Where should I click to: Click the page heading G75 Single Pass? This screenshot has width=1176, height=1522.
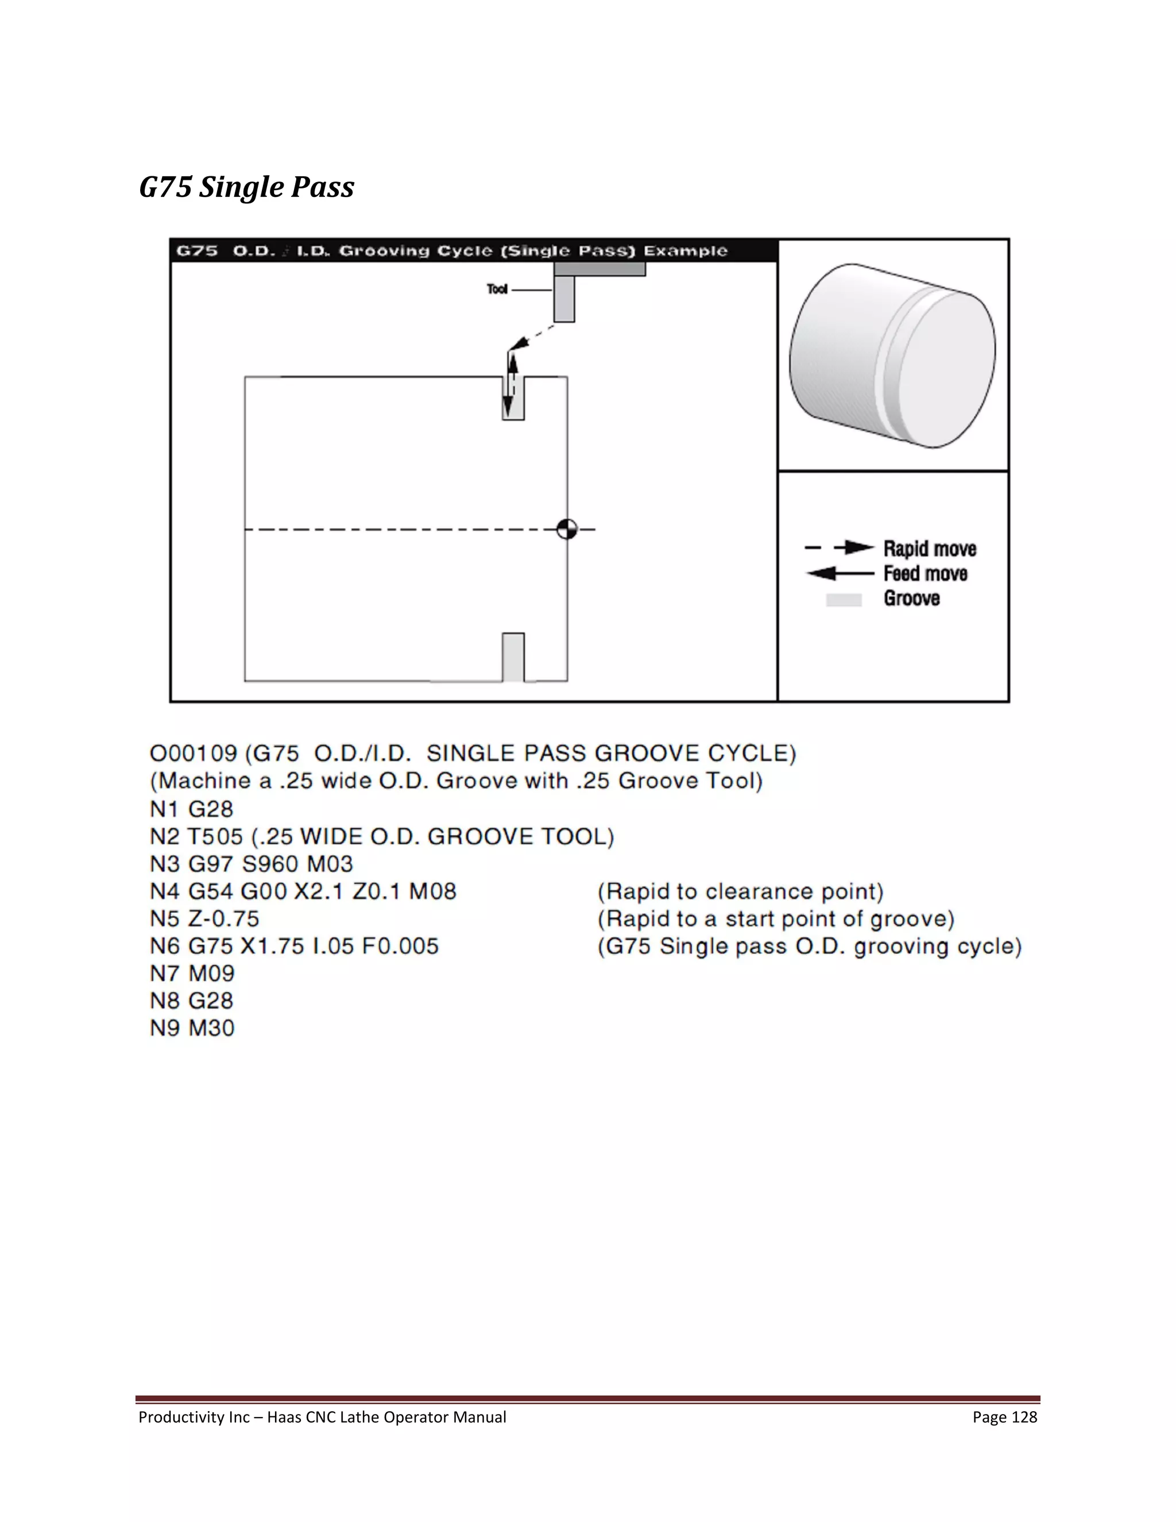click(x=246, y=187)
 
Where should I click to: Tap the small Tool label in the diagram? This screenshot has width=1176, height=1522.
click(x=497, y=289)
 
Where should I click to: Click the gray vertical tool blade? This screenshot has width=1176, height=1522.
click(x=564, y=298)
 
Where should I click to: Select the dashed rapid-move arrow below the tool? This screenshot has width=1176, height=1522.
click(x=532, y=337)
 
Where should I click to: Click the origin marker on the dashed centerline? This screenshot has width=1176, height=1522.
click(x=567, y=530)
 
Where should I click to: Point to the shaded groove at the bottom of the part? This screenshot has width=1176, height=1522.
click(x=513, y=657)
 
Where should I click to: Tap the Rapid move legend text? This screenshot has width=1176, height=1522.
click(x=930, y=549)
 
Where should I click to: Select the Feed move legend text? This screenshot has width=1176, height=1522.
click(x=925, y=574)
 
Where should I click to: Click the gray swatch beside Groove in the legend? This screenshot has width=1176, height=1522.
click(x=844, y=599)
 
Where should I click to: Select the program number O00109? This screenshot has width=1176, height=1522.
click(x=194, y=754)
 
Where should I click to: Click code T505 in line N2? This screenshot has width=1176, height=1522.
click(x=215, y=836)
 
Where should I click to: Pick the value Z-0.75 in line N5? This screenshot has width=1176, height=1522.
click(x=223, y=918)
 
